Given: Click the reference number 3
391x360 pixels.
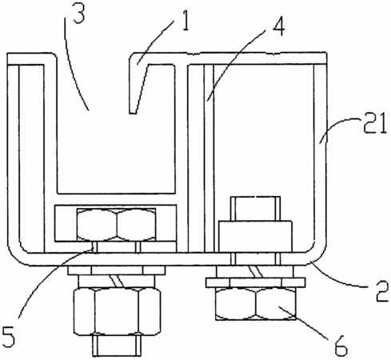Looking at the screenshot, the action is pyautogui.click(x=79, y=13).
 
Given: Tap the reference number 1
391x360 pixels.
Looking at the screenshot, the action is pyautogui.click(x=185, y=21).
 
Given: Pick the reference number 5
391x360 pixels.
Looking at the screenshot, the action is pyautogui.click(x=8, y=337).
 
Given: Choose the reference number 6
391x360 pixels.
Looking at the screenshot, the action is pyautogui.click(x=341, y=346).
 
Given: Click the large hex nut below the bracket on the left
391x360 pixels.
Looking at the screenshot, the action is pyautogui.click(x=117, y=311).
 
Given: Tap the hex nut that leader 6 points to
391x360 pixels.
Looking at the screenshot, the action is pyautogui.click(x=256, y=304).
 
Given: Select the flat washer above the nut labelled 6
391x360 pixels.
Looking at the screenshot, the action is pyautogui.click(x=255, y=282).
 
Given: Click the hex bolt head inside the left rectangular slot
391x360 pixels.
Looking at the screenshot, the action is pyautogui.click(x=116, y=224).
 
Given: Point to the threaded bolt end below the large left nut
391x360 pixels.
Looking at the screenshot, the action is pyautogui.click(x=117, y=346).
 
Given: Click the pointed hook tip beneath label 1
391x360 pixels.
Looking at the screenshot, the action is pyautogui.click(x=134, y=112).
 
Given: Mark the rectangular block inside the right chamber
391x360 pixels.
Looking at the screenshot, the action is pyautogui.click(x=255, y=236).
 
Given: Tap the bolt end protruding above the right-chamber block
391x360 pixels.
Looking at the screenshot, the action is pyautogui.click(x=255, y=209).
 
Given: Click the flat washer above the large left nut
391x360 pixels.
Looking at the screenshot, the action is pyautogui.click(x=116, y=270).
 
